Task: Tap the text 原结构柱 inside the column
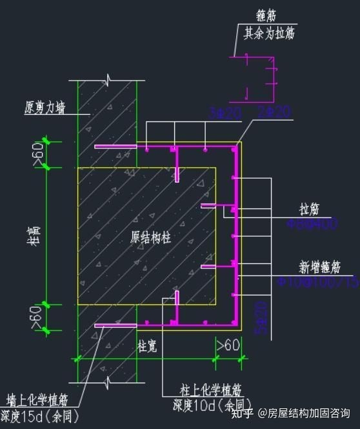coord(151,237)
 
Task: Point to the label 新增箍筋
coord(319,266)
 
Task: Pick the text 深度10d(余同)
coord(205,405)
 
